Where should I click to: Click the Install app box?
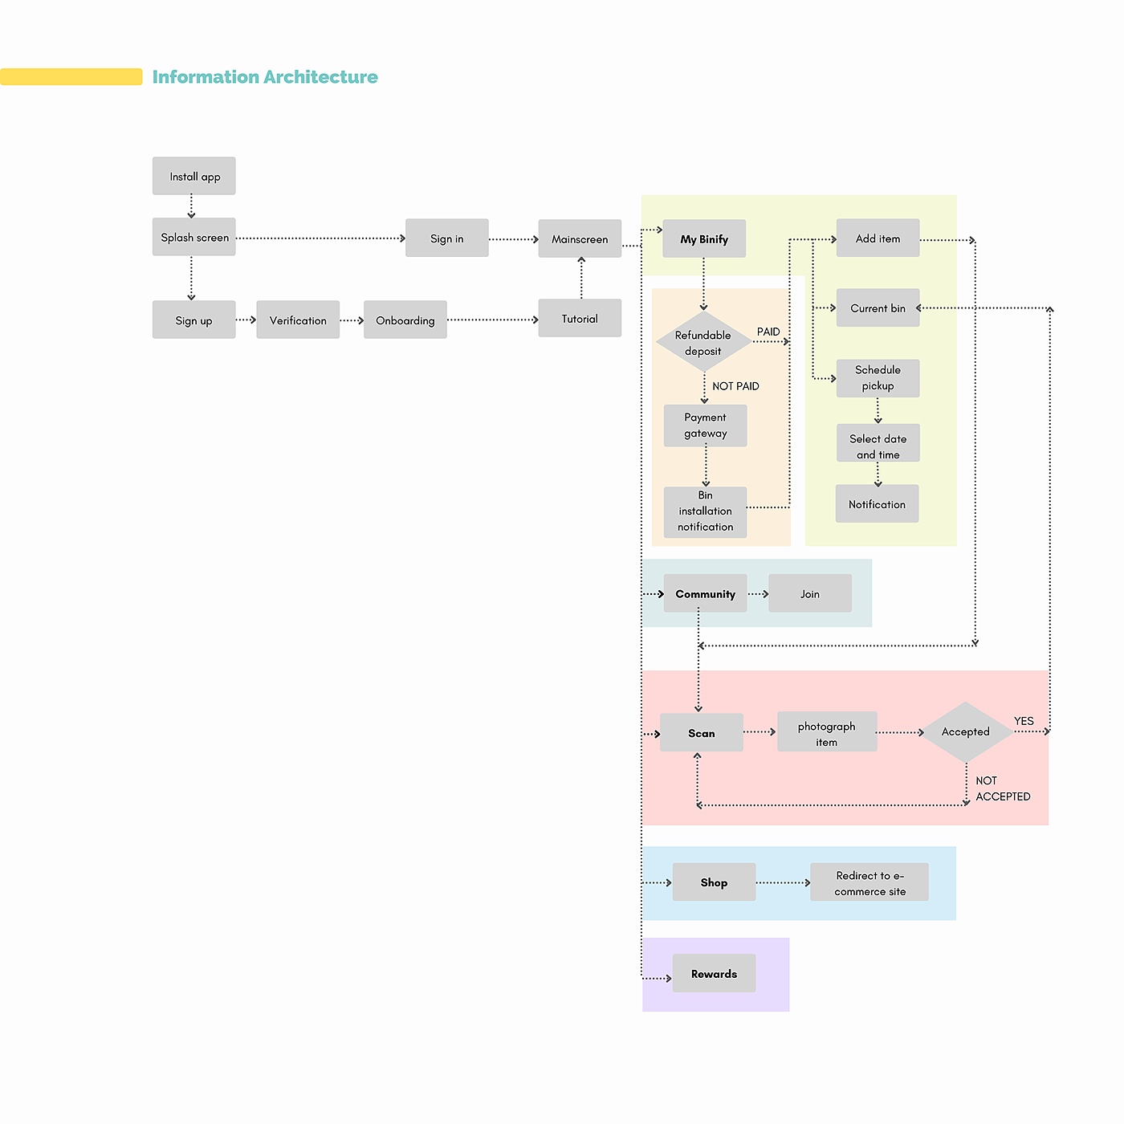(x=194, y=176)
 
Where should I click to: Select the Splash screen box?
(x=194, y=237)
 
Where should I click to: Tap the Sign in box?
(x=447, y=238)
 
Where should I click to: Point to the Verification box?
(x=298, y=320)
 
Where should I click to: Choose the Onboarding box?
(x=405, y=320)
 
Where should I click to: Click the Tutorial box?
(x=580, y=318)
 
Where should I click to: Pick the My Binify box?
(x=704, y=238)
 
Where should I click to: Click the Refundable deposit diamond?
(x=703, y=343)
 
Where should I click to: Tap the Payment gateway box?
(x=706, y=426)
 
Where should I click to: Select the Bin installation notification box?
(x=706, y=511)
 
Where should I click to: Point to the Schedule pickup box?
(x=878, y=378)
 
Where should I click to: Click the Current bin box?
(x=878, y=308)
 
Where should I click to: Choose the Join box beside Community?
(x=810, y=593)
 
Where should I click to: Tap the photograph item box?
(x=827, y=732)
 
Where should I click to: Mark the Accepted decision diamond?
(x=966, y=731)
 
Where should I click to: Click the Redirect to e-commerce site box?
(x=869, y=882)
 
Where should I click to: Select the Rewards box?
(x=714, y=973)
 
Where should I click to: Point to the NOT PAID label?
(x=735, y=386)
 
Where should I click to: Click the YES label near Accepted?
(x=1024, y=721)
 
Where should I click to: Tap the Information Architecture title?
(x=265, y=77)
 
